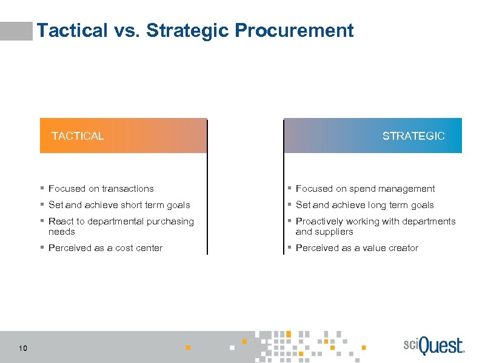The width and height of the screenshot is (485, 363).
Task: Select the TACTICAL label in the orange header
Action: point(78,136)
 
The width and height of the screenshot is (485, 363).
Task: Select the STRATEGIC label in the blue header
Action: point(413,136)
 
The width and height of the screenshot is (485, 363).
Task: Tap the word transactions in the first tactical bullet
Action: point(126,189)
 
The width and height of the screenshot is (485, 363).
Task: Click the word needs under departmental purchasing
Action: point(62,232)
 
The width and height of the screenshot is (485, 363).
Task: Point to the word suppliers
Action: point(334,232)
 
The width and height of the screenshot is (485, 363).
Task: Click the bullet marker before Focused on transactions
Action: point(42,189)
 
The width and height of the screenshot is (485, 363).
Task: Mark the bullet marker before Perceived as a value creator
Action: point(290,248)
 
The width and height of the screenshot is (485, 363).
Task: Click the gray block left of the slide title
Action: point(16,31)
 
